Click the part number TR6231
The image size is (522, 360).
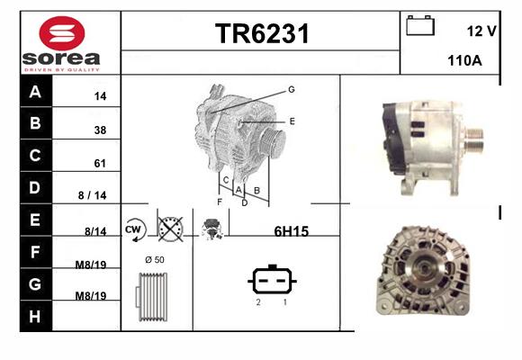click(x=262, y=33)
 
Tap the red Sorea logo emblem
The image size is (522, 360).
click(x=62, y=33)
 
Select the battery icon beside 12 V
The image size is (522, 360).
click(x=420, y=25)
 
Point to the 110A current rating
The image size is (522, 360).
click(x=464, y=60)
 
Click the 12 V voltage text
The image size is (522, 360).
click(x=481, y=31)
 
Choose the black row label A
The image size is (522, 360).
click(x=35, y=91)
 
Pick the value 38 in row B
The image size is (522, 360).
click(x=100, y=130)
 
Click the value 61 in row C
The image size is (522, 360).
click(x=100, y=163)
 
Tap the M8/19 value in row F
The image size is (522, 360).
click(x=91, y=265)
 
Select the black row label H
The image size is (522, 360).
click(x=35, y=317)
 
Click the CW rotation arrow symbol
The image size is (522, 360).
click(x=135, y=229)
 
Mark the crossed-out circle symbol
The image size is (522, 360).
click(x=170, y=229)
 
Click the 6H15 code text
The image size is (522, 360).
click(x=292, y=231)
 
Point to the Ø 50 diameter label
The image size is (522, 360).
click(x=155, y=260)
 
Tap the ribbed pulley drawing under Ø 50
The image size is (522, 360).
click(x=152, y=297)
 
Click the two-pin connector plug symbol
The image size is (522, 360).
click(x=272, y=280)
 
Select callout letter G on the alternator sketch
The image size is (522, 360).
click(x=292, y=90)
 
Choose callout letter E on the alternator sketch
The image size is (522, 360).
click(x=292, y=121)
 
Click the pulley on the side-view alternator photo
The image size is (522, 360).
click(x=473, y=139)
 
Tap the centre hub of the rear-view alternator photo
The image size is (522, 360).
click(x=423, y=267)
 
